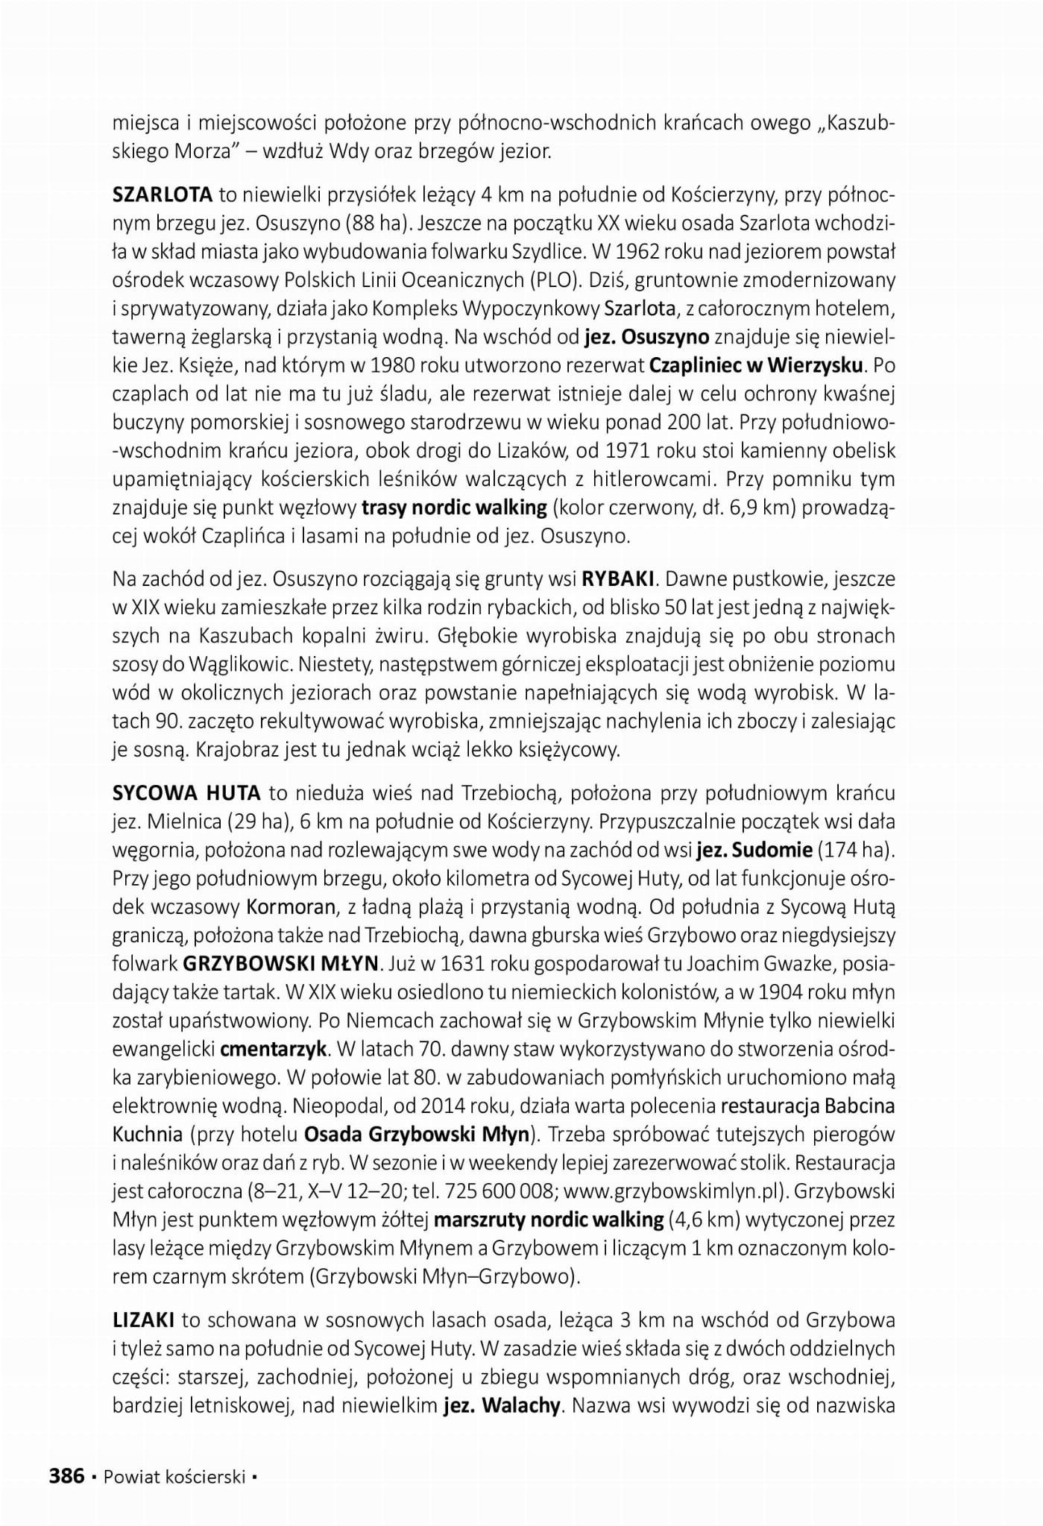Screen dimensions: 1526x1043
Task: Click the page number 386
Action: (x=67, y=1475)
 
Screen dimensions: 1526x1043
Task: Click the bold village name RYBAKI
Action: (x=618, y=578)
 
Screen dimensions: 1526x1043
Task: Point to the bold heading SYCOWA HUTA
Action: (x=186, y=792)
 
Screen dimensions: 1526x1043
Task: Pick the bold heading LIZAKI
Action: (x=144, y=1320)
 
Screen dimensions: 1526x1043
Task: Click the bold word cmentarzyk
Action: (x=273, y=1048)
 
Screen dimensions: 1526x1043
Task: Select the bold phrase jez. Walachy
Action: (x=501, y=1405)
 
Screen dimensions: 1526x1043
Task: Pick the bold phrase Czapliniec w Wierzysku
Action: (x=757, y=366)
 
